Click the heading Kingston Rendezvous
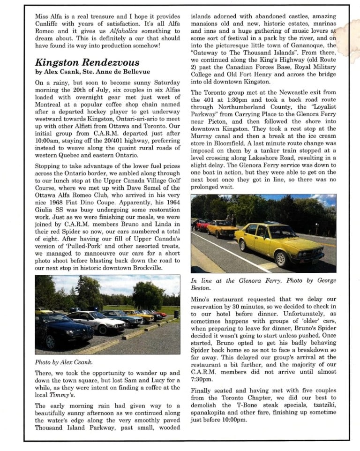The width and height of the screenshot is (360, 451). pyautogui.click(x=87, y=62)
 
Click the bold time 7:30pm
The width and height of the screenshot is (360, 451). pyautogui.click(x=202, y=379)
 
